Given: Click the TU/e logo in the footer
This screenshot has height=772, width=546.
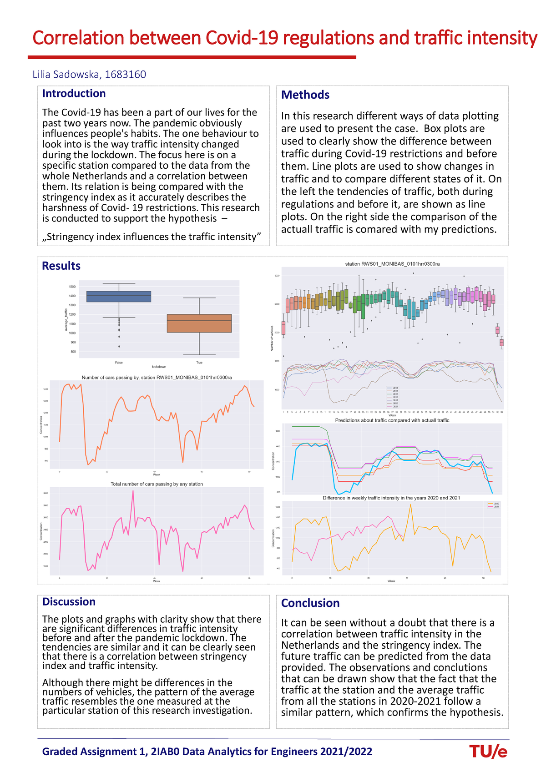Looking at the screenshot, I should (488, 752).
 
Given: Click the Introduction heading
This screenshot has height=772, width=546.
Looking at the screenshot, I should (74, 93).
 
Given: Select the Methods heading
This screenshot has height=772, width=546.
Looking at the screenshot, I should (305, 95).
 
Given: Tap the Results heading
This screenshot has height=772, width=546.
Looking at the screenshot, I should (61, 266).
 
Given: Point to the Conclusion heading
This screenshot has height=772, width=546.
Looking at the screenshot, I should (310, 603).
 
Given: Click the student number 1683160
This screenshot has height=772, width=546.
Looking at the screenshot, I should (125, 74).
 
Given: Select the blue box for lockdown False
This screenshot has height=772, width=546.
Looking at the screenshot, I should (118, 296).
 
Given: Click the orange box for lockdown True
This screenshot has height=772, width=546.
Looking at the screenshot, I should (199, 323).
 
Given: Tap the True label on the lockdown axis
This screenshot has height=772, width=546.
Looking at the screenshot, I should (199, 363).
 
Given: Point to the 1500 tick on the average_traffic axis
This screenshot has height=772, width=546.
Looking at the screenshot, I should (72, 287).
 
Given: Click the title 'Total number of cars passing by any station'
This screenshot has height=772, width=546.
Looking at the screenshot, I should (157, 484).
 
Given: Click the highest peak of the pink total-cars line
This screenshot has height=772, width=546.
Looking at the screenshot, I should (133, 491).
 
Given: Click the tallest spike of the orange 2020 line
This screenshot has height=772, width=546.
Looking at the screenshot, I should (410, 504).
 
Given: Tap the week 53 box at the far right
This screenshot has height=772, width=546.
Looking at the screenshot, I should (501, 342).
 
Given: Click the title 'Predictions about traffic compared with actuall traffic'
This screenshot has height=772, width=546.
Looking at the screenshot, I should (392, 420).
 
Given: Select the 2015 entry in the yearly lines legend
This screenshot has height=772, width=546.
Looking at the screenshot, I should (392, 388).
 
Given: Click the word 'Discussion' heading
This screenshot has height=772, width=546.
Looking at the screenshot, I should (69, 601).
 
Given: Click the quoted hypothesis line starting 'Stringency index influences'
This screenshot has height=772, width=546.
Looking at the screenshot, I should (152, 237).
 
